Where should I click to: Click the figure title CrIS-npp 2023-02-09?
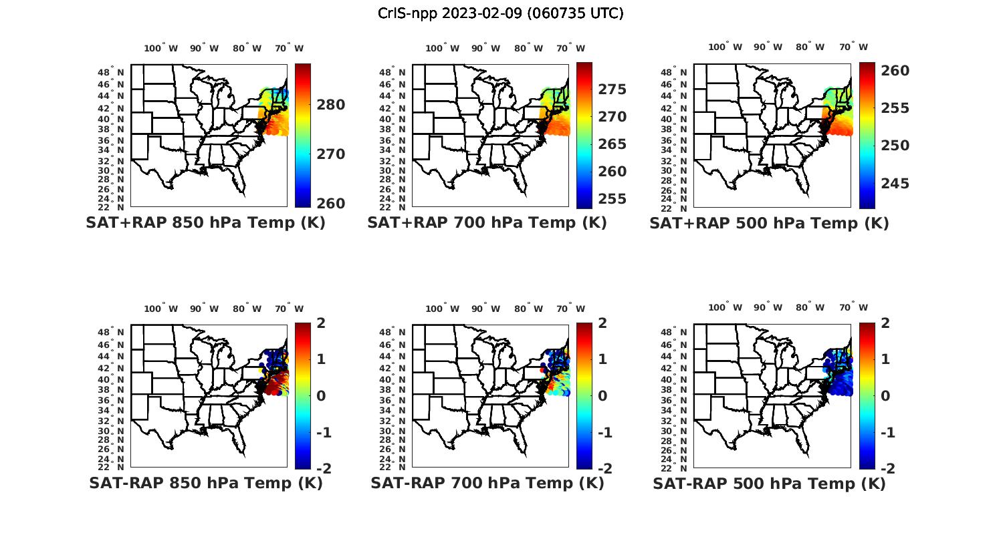[500, 13]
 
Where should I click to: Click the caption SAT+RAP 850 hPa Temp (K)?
[205, 223]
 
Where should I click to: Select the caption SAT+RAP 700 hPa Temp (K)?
[487, 223]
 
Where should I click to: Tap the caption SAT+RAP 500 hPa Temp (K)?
[769, 223]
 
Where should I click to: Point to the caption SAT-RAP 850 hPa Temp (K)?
[205, 483]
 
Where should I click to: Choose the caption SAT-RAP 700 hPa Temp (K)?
[487, 483]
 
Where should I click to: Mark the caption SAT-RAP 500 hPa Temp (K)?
[769, 484]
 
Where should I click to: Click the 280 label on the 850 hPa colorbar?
[330, 105]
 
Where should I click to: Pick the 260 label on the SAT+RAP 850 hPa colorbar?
[330, 204]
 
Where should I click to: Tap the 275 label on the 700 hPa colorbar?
[612, 89]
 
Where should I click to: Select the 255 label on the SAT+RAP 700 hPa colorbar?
[612, 199]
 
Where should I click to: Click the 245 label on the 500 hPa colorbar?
[894, 184]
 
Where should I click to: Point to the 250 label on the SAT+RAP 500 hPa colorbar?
[894, 146]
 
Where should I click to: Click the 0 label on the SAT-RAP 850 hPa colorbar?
[321, 395]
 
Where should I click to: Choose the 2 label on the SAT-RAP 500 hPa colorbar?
[885, 323]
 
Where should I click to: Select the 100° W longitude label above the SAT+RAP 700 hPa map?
[442, 48]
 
